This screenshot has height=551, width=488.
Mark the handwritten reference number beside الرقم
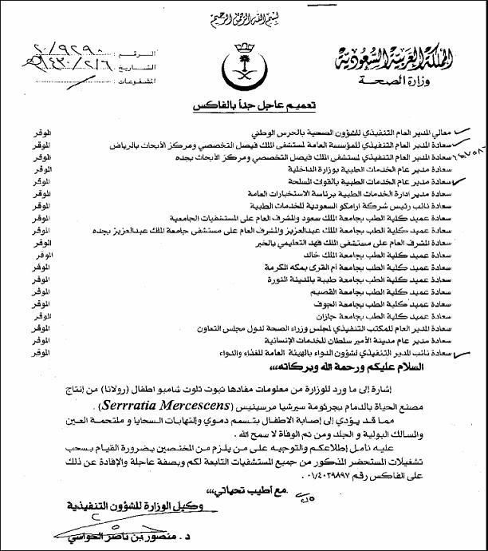(68, 47)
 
